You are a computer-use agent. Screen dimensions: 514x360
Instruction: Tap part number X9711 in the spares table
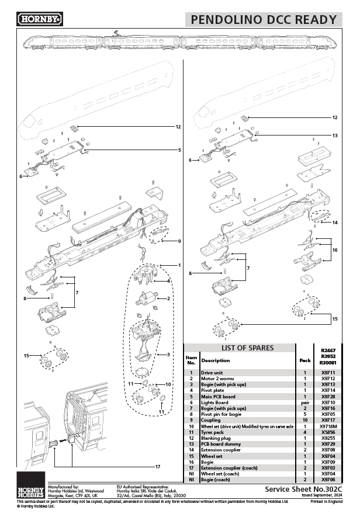(x=328, y=373)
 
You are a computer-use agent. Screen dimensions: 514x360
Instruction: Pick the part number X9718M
(x=328, y=426)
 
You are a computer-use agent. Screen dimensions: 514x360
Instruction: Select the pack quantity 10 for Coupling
(x=304, y=420)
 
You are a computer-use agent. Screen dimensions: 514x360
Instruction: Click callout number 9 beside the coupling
(x=179, y=241)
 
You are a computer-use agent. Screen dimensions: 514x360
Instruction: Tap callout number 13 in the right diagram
(x=335, y=136)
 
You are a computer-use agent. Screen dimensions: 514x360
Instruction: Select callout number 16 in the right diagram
(x=335, y=249)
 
